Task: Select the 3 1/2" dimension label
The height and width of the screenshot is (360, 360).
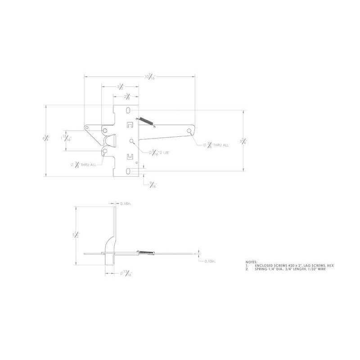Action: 120,87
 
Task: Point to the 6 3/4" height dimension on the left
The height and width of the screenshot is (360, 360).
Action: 45,139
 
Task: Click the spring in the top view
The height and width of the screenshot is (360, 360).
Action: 145,121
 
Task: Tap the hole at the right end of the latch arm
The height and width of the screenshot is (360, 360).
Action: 189,131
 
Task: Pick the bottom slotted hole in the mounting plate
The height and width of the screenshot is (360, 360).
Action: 130,171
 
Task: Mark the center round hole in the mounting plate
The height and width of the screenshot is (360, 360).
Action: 131,141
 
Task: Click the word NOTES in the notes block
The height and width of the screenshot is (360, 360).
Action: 252,261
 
